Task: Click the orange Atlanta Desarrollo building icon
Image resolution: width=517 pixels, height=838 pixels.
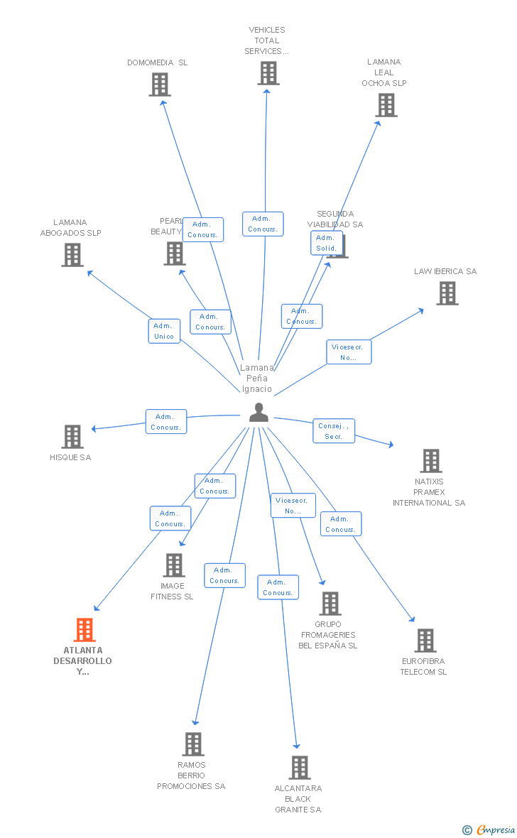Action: tap(85, 630)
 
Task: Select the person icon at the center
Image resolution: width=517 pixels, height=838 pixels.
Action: tap(258, 413)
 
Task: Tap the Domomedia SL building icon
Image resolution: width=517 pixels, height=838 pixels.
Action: tap(160, 85)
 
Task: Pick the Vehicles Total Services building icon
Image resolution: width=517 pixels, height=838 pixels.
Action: tap(268, 73)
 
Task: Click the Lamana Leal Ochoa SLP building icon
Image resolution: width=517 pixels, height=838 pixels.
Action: tap(386, 105)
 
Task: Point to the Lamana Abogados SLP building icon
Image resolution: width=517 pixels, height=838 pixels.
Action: tap(72, 255)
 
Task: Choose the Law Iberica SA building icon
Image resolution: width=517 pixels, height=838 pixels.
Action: tap(447, 293)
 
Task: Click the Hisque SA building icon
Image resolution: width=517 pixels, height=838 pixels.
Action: tap(72, 437)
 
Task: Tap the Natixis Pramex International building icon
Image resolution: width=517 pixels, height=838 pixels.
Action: tap(430, 461)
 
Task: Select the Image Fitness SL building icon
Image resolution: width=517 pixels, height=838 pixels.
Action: tap(173, 565)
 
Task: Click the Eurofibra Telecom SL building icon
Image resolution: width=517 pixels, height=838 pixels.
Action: tap(425, 641)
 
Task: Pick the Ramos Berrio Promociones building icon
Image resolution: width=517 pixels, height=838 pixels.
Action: tap(192, 744)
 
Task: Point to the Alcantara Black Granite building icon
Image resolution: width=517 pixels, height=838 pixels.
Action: tap(299, 768)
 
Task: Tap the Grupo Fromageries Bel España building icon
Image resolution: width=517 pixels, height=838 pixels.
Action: tap(330, 604)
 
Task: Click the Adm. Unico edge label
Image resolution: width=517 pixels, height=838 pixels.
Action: tap(164, 331)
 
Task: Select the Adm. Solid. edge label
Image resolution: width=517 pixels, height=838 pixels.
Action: tap(327, 243)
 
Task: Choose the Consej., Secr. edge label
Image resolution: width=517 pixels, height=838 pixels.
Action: tap(334, 431)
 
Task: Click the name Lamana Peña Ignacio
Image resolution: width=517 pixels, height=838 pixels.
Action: tap(256, 378)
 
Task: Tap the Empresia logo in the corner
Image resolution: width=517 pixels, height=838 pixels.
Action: tap(490, 829)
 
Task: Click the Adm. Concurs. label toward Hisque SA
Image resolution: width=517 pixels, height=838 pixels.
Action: tap(166, 422)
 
